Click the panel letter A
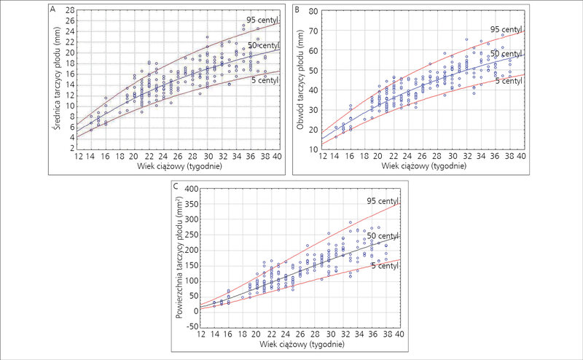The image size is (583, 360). tap(52, 9)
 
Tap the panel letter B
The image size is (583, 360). tap(297, 9)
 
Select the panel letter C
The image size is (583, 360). tap(176, 186)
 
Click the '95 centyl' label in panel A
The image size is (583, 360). tap(262, 20)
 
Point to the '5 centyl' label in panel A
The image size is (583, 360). tap(265, 80)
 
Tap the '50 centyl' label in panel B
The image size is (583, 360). tap(506, 54)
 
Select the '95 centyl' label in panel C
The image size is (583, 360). tap(383, 201)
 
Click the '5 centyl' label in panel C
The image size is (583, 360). tap(386, 266)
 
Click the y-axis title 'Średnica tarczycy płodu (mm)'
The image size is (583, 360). tap(57, 78)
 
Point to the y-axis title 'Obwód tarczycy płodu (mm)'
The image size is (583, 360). tap(300, 79)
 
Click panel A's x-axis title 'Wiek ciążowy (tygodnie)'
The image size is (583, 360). tap(179, 166)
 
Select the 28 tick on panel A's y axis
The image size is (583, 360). tap(70, 10)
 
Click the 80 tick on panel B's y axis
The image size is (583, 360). tap(313, 11)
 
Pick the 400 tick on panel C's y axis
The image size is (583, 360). tap(192, 189)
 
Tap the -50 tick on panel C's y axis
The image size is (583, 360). tap(192, 326)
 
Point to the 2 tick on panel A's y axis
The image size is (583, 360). tap(72, 149)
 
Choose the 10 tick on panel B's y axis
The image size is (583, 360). tap(313, 149)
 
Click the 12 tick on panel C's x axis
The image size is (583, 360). tap(201, 334)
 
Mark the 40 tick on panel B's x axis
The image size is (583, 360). tap(522, 156)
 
